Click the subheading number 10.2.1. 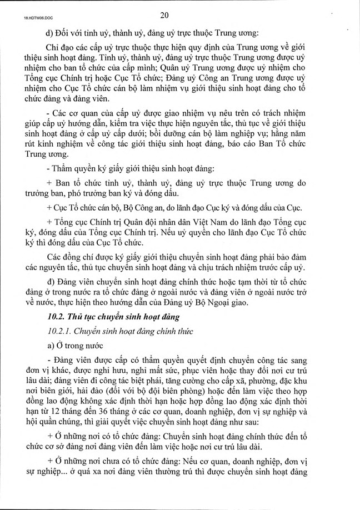(x=59, y=332)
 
